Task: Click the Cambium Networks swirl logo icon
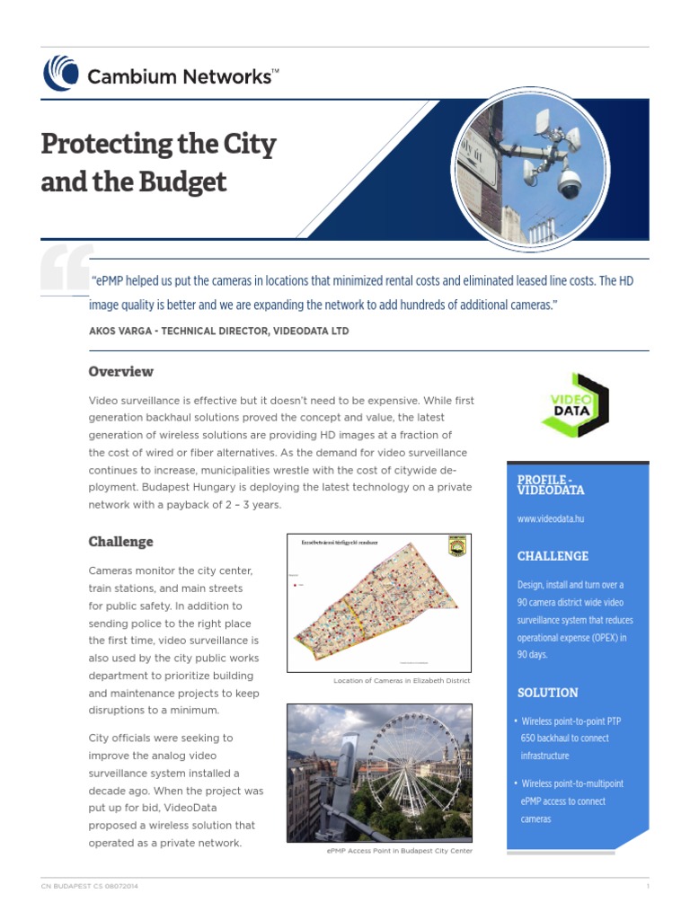click(61, 73)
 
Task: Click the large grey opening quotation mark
click(66, 269)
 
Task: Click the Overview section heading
click(120, 371)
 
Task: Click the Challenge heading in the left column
click(120, 542)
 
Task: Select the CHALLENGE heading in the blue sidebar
click(553, 556)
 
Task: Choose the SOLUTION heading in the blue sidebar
click(547, 693)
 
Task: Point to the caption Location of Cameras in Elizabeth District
click(402, 681)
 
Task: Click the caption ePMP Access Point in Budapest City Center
click(400, 850)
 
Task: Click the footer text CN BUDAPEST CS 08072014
click(90, 886)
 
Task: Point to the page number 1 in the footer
click(647, 886)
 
